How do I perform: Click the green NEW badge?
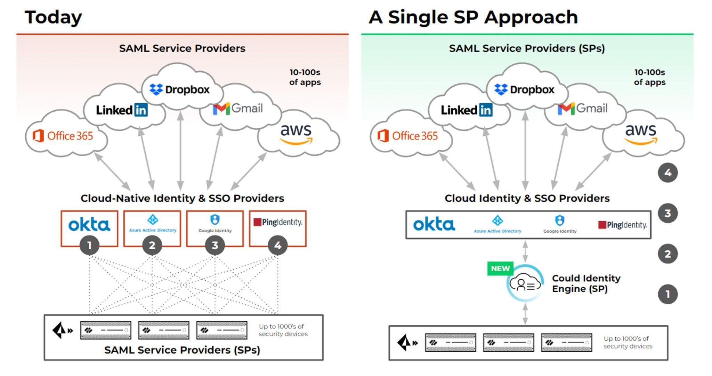click(500, 269)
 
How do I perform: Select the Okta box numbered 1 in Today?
click(89, 229)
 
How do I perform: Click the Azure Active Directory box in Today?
click(152, 229)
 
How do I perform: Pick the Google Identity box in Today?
click(215, 229)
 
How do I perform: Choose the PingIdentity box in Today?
click(278, 229)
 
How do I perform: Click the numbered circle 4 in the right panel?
click(667, 173)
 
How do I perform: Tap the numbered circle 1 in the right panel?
click(667, 294)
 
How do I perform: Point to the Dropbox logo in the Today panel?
click(179, 90)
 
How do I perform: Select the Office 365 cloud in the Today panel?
click(66, 134)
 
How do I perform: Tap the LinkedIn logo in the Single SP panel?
click(467, 110)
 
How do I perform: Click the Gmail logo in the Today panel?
click(238, 109)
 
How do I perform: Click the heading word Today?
click(53, 17)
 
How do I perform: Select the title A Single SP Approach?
click(473, 17)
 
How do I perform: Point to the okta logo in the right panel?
click(434, 224)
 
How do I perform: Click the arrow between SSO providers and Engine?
click(525, 252)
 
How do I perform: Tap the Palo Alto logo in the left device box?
click(62, 330)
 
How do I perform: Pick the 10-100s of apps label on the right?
click(649, 77)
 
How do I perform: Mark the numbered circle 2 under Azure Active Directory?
click(152, 245)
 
